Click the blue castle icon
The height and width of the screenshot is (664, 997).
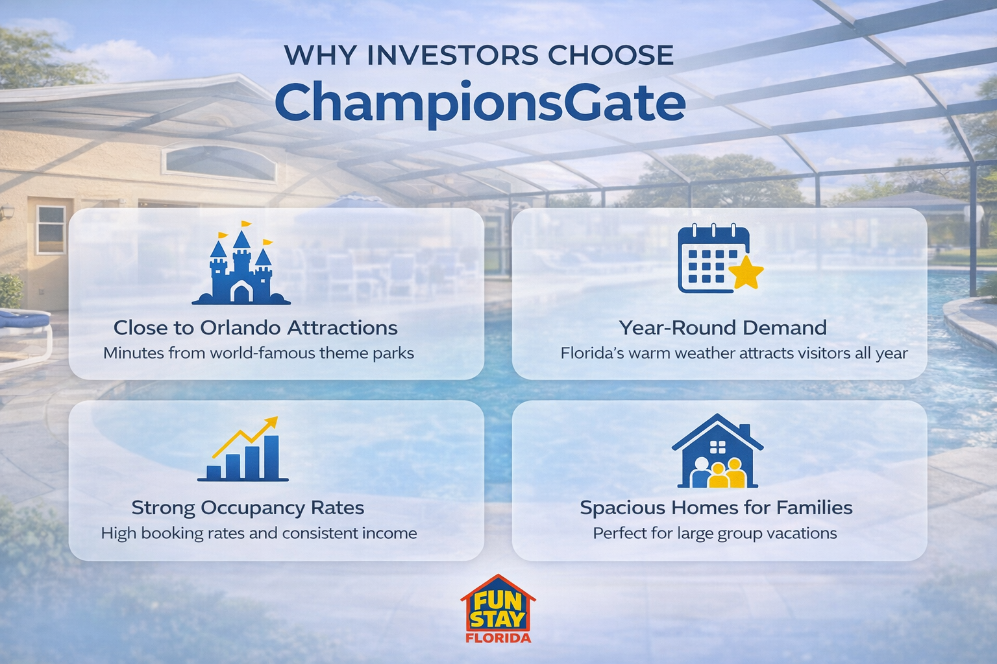tap(241, 267)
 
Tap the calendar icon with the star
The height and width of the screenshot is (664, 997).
tap(718, 259)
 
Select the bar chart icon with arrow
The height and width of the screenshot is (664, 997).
tap(243, 450)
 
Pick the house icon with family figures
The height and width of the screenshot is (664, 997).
tap(717, 452)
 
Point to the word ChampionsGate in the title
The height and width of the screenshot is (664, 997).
tap(480, 102)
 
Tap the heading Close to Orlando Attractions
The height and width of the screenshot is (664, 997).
tap(255, 327)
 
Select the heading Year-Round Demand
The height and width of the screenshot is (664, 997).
tap(722, 327)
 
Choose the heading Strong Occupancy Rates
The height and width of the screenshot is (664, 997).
tap(247, 507)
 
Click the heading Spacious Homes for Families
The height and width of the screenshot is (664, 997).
tap(716, 507)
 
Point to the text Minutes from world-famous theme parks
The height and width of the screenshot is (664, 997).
tap(258, 353)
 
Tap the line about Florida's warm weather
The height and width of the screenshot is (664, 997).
tap(734, 353)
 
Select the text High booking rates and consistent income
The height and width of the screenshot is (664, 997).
tap(258, 533)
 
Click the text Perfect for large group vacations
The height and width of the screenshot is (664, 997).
tap(715, 533)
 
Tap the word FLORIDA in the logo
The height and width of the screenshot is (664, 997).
tap(498, 637)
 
